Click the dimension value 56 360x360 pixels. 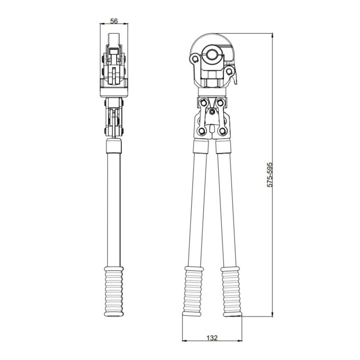pos(114,21)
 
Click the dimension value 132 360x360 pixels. pos(211,338)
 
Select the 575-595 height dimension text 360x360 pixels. pos(270,175)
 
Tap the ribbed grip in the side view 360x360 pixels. pos(114,292)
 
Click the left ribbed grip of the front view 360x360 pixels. pos(193,291)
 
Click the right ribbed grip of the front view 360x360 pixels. pos(231,292)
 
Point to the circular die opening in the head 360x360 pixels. pos(211,55)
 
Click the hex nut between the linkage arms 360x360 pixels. pos(212,112)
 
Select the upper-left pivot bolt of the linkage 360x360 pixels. pos(203,102)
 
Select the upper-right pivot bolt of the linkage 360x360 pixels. pos(220,102)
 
